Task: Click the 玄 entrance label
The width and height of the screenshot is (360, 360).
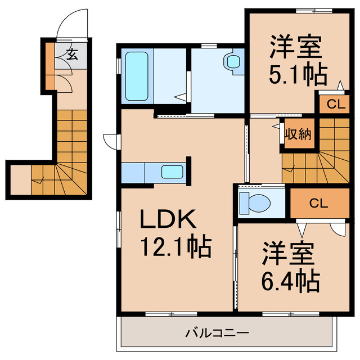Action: tap(73, 55)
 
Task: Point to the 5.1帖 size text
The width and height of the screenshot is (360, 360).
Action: tap(297, 75)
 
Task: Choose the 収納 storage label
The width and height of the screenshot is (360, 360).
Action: tap(298, 134)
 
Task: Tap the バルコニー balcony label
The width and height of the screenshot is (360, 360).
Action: tap(217, 334)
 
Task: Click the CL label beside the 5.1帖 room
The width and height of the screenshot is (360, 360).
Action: tap(334, 103)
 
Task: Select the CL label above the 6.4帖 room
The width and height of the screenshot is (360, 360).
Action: tap(318, 204)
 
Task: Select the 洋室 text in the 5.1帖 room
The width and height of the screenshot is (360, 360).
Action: tap(296, 46)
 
